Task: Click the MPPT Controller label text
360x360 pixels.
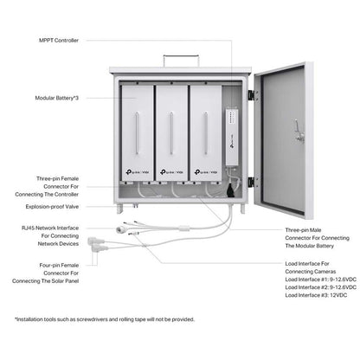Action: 59,41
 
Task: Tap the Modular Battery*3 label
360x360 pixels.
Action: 56,98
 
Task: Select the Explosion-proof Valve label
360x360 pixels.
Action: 52,207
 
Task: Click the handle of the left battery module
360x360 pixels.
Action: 137,133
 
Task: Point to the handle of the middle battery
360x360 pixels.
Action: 171,133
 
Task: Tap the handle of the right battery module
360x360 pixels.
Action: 206,133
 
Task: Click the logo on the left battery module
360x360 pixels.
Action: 138,172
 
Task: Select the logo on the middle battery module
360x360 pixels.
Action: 171,172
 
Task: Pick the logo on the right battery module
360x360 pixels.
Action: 206,172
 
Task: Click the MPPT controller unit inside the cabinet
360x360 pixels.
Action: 232,137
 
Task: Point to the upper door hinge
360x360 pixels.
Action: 253,95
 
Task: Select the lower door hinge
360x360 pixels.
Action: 253,182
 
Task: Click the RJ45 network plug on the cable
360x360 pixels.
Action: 120,230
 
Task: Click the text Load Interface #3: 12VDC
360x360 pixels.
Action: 316,295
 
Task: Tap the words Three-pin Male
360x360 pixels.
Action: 303,230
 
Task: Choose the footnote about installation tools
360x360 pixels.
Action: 105,319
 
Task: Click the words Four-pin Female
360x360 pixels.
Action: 59,265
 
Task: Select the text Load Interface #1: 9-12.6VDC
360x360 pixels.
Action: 320,280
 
